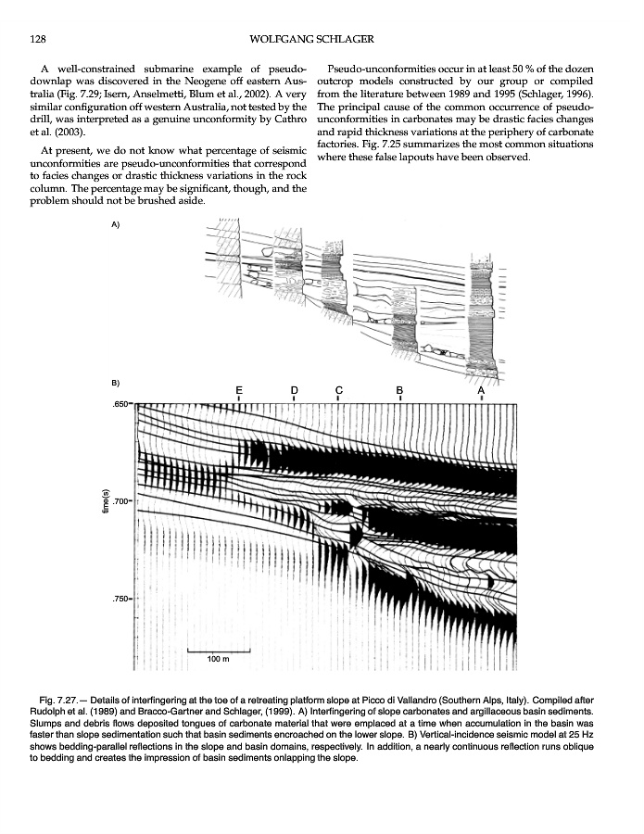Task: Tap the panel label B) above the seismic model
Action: [x=115, y=382]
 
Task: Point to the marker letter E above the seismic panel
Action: [x=239, y=390]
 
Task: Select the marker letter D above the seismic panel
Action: [x=294, y=390]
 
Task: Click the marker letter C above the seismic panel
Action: [x=339, y=390]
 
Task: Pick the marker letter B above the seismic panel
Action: [x=399, y=390]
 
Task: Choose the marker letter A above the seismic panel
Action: [x=481, y=390]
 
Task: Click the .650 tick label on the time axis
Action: [x=120, y=405]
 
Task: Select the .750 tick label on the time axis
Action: [x=120, y=600]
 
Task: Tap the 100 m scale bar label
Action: [x=218, y=659]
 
